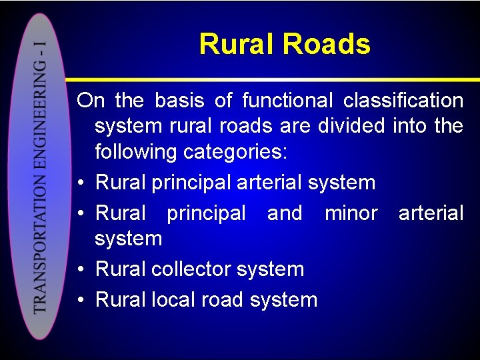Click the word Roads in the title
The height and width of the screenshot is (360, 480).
click(x=326, y=45)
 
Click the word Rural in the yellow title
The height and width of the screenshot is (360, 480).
click(x=237, y=45)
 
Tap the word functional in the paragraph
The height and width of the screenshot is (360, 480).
click(x=287, y=101)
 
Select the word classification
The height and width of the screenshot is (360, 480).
click(x=403, y=101)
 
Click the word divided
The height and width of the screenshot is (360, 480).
click(x=351, y=126)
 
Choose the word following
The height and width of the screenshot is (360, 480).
click(x=136, y=152)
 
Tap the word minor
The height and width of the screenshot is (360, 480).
click(x=351, y=213)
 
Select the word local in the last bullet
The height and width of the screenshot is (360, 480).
click(x=174, y=299)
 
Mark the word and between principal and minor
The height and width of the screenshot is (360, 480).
click(x=284, y=213)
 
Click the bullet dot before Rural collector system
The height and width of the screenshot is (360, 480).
click(x=81, y=270)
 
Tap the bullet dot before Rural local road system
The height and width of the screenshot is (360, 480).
click(x=81, y=300)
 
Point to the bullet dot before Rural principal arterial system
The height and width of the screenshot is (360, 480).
click(x=81, y=183)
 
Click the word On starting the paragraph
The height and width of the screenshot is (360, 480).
click(x=90, y=101)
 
